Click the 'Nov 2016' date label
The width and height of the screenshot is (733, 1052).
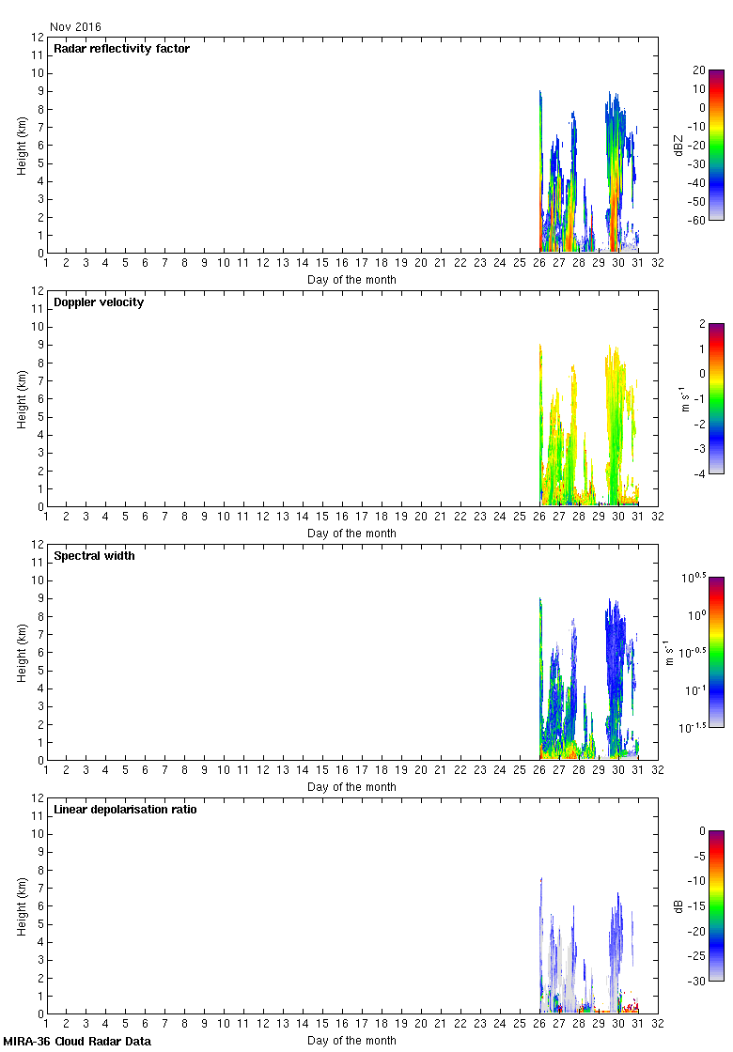pyautogui.click(x=75, y=27)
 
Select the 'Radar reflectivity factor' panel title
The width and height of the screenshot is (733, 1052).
pyautogui.click(x=121, y=49)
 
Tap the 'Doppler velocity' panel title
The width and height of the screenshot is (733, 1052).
pyautogui.click(x=99, y=302)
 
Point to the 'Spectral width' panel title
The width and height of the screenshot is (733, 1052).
pyautogui.click(x=94, y=556)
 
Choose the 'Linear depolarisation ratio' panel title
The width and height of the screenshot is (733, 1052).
pyautogui.click(x=125, y=810)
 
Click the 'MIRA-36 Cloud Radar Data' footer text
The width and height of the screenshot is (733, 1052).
pyautogui.click(x=77, y=1042)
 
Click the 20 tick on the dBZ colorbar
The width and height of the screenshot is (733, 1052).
pyautogui.click(x=698, y=70)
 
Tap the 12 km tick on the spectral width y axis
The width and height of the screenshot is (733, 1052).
pyautogui.click(x=39, y=545)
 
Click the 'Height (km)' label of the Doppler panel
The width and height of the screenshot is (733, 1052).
pyautogui.click(x=21, y=398)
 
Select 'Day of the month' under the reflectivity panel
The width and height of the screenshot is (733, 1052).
pyautogui.click(x=351, y=279)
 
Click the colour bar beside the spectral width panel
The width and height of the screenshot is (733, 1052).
pyautogui.click(x=716, y=652)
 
